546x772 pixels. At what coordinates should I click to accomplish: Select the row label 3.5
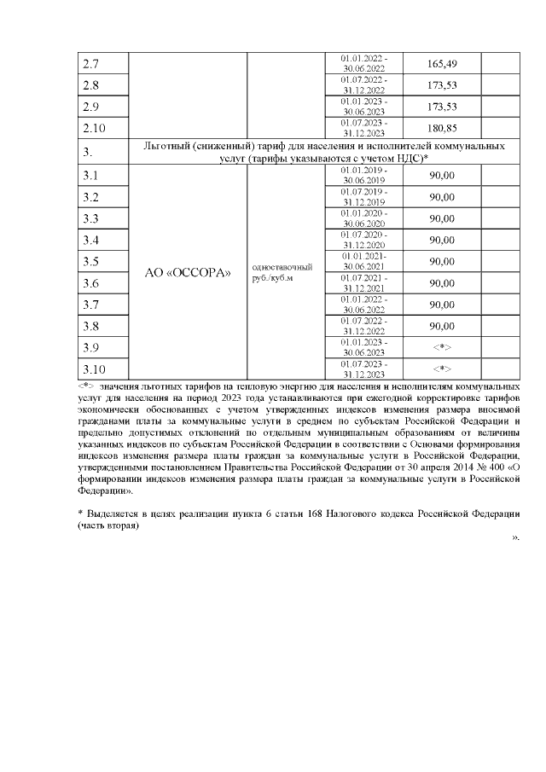(x=90, y=262)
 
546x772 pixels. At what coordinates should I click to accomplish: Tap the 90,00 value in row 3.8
(x=441, y=326)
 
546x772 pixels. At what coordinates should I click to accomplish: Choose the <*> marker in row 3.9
(x=441, y=348)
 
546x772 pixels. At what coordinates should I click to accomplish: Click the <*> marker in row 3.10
(x=441, y=369)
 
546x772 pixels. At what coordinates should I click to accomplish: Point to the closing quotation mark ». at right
(x=515, y=539)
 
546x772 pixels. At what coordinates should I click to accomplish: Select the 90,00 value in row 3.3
(x=441, y=218)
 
